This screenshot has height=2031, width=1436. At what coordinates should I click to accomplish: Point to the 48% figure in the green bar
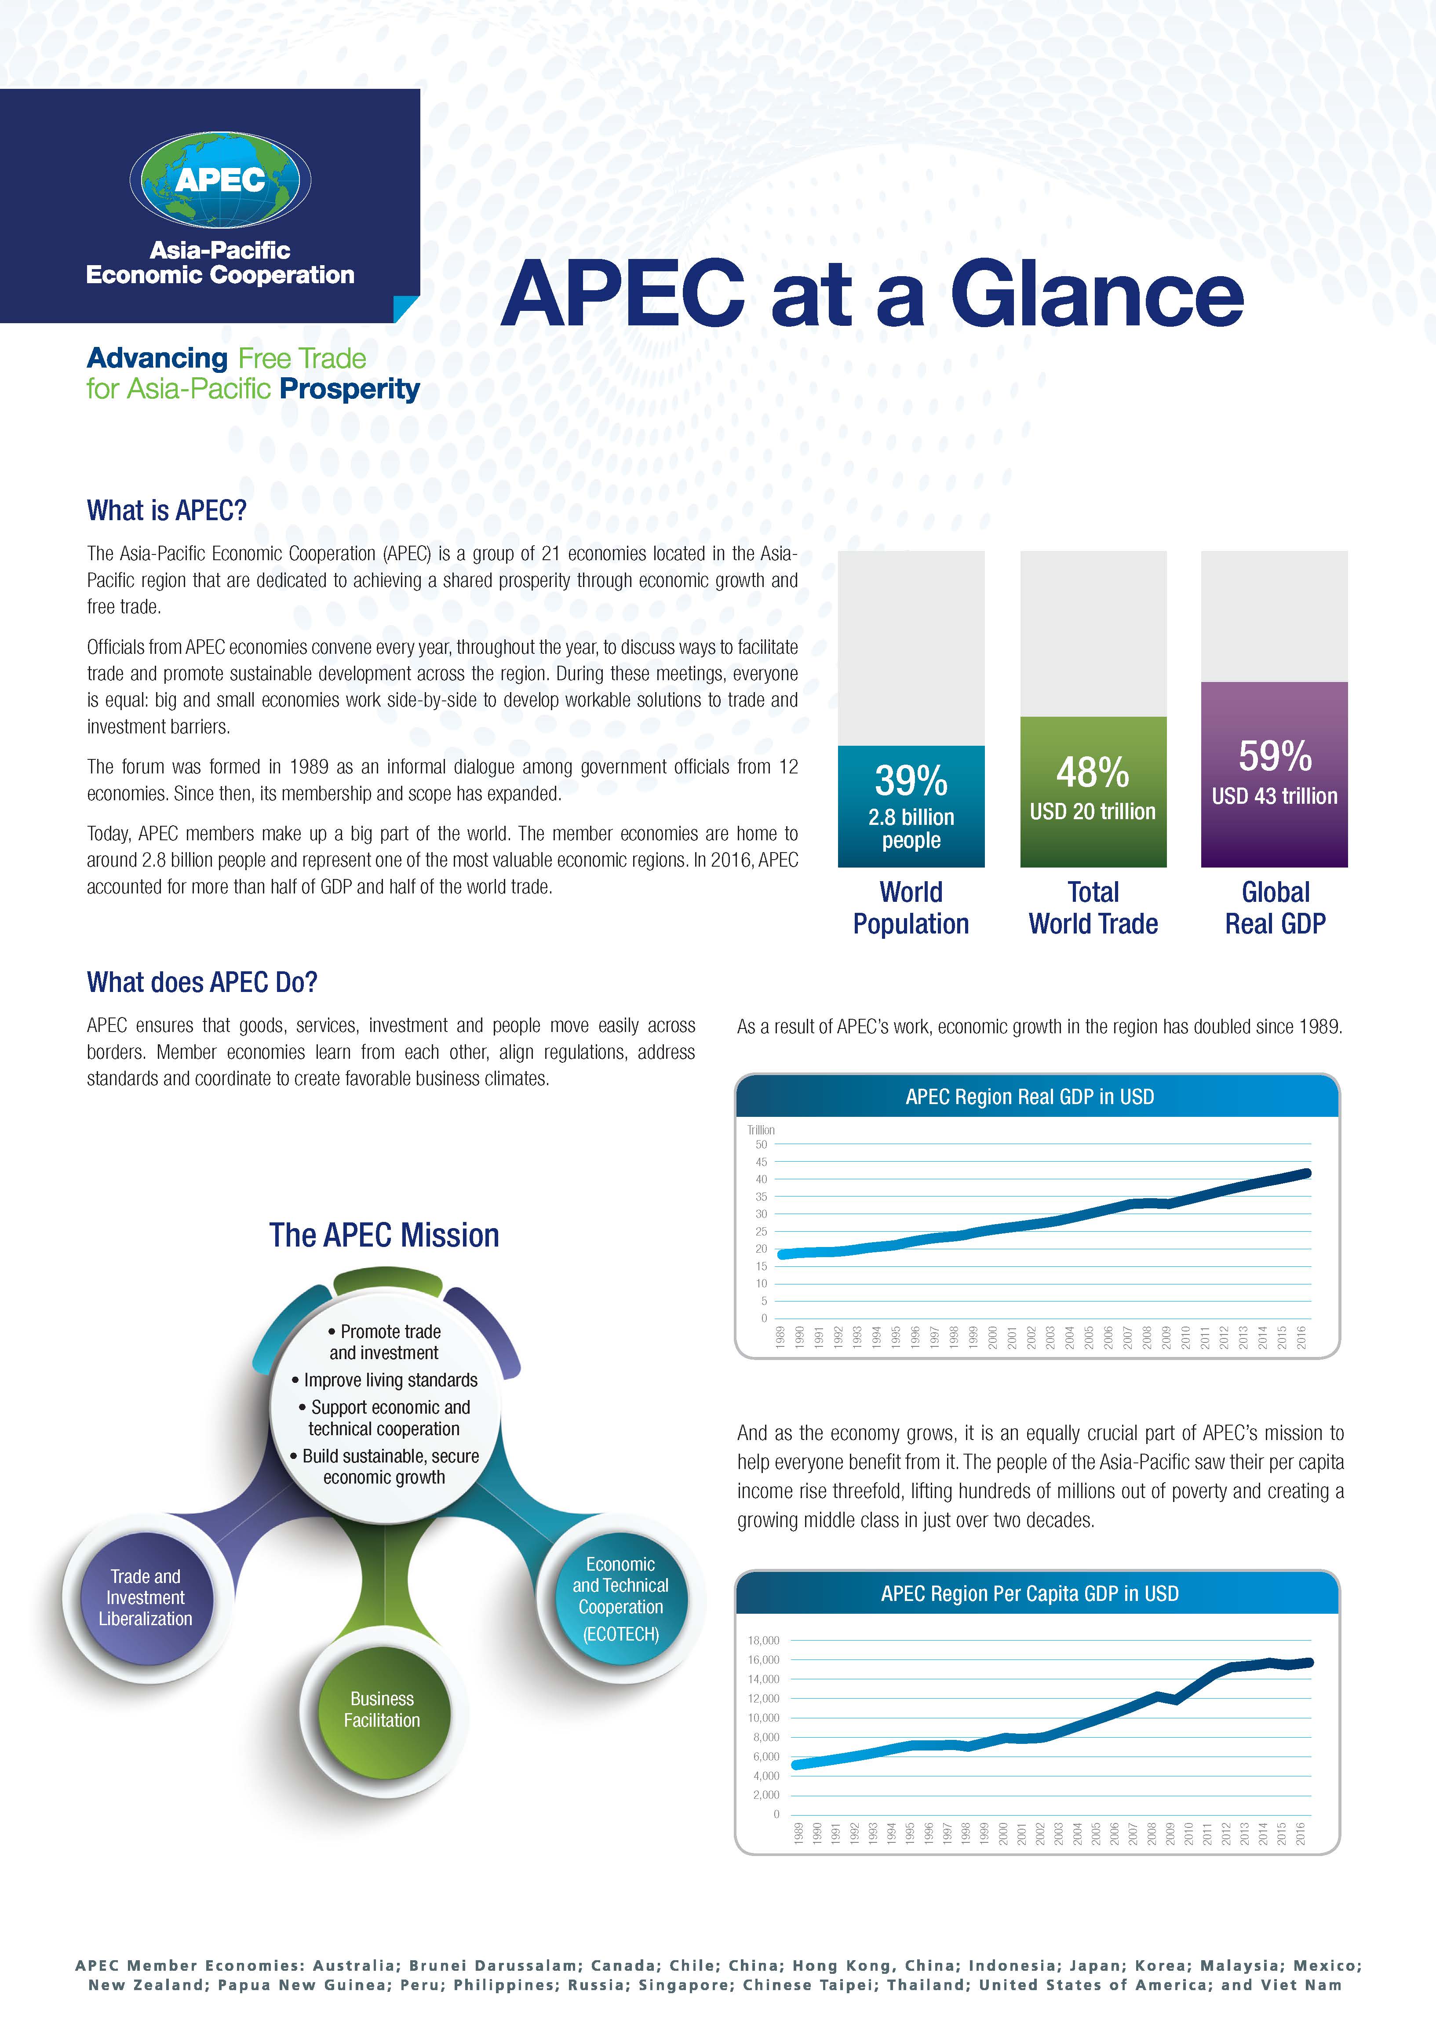pyautogui.click(x=1093, y=772)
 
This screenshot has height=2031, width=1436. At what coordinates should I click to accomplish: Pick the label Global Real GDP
pyautogui.click(x=1275, y=908)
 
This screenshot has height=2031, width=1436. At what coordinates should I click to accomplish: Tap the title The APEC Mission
pyautogui.click(x=384, y=1235)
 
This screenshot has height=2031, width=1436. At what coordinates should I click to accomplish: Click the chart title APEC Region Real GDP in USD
pyautogui.click(x=1030, y=1097)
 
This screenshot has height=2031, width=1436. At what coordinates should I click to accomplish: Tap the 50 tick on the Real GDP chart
pyautogui.click(x=761, y=1145)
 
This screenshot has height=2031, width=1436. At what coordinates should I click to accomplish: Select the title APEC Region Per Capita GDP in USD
pyautogui.click(x=1030, y=1594)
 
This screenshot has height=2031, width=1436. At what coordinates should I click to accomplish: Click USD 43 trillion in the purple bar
pyautogui.click(x=1275, y=796)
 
